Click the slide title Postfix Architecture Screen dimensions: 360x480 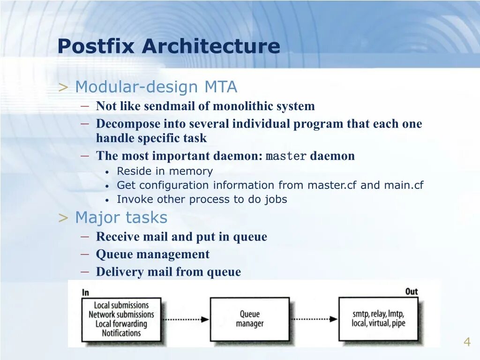[x=169, y=46]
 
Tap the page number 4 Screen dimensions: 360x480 [x=467, y=342]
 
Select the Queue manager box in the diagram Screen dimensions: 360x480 [x=249, y=319]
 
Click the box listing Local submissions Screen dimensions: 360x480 [x=121, y=319]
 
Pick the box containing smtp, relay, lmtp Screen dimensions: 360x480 [x=378, y=319]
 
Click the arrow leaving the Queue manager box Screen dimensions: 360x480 [x=314, y=319]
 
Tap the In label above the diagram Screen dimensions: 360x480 [x=85, y=292]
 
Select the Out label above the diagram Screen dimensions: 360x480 [x=411, y=292]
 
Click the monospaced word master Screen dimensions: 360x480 [x=286, y=156]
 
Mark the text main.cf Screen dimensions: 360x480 [x=404, y=185]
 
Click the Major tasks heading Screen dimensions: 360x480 [x=121, y=217]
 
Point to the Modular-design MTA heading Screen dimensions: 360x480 [x=156, y=87]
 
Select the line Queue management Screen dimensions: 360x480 [x=153, y=255]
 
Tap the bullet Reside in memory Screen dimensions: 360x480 [x=165, y=171]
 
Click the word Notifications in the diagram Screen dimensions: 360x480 [x=121, y=333]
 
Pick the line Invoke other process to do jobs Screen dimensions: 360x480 [x=202, y=199]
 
